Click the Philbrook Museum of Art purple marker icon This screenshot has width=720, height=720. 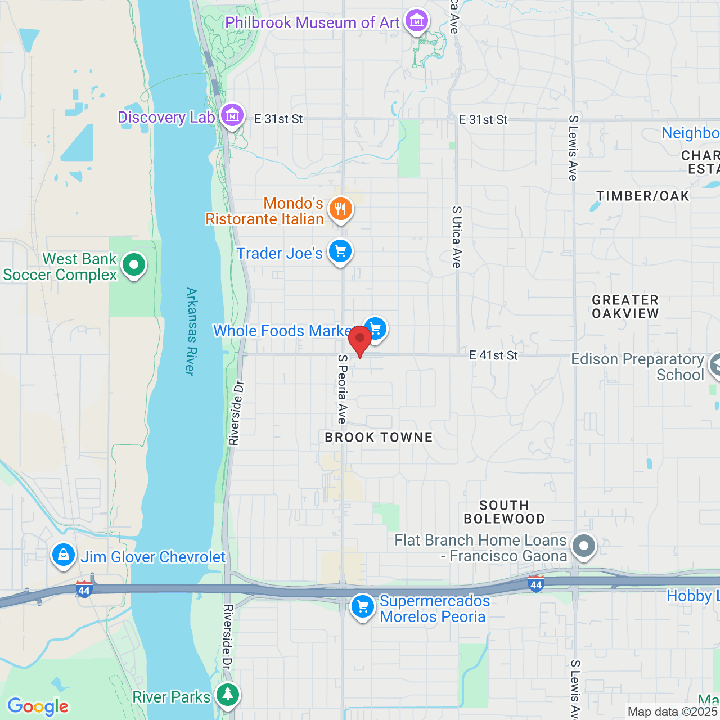[x=417, y=21]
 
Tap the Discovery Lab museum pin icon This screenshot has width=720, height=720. [x=231, y=115]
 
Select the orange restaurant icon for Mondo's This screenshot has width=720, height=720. [x=340, y=209]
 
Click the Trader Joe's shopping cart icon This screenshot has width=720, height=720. [x=340, y=251]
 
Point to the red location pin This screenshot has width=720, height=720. [x=360, y=339]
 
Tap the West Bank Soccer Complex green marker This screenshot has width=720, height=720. [x=133, y=264]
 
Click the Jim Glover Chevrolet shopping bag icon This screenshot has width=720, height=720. [x=64, y=555]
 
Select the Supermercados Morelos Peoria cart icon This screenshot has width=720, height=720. [x=363, y=607]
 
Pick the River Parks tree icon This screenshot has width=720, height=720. [x=228, y=695]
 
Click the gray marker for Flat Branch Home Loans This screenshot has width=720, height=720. [x=583, y=546]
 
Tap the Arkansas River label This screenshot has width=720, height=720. [x=191, y=331]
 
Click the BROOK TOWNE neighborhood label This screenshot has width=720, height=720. [x=379, y=437]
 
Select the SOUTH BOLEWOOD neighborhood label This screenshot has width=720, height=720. [x=504, y=512]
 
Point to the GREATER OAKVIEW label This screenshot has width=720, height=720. [x=625, y=307]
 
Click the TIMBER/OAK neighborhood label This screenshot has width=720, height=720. [x=642, y=196]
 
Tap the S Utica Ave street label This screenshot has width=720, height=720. [x=456, y=237]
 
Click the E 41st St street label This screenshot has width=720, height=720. [x=493, y=355]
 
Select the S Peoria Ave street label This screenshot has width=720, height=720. [x=342, y=389]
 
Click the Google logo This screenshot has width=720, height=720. [x=38, y=706]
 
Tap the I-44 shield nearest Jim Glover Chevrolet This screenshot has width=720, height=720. [x=84, y=590]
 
